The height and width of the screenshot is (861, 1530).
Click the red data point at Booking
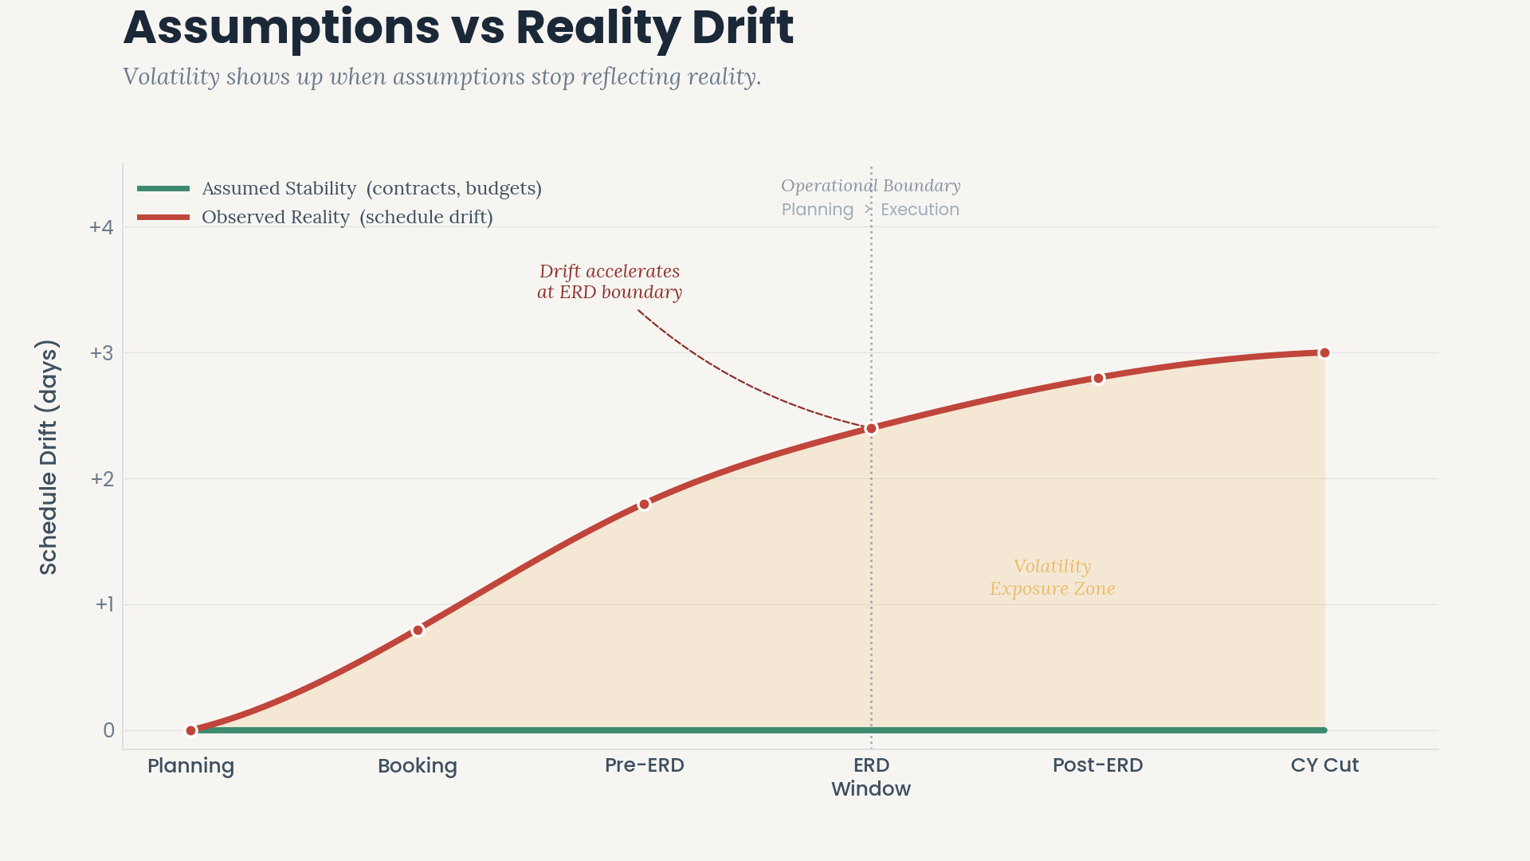tap(418, 631)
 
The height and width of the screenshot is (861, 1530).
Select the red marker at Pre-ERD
tap(644, 505)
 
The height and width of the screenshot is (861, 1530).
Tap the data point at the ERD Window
tap(871, 429)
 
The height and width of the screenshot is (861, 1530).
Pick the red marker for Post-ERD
tap(1098, 379)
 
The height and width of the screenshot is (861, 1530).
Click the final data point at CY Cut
tap(1324, 353)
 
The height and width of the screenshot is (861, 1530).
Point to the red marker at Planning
tap(191, 730)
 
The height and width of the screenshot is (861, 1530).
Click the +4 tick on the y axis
tap(101, 227)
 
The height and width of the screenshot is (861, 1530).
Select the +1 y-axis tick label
tap(104, 604)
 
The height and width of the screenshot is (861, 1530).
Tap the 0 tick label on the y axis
tap(108, 730)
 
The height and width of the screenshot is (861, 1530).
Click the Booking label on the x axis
tap(418, 766)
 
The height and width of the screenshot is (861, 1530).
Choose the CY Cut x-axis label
tap(1324, 765)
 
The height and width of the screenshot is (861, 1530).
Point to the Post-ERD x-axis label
tap(1097, 765)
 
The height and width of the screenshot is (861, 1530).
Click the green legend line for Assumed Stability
tap(163, 189)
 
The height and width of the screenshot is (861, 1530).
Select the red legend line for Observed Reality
tap(163, 217)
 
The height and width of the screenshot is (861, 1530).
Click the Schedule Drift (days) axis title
tap(49, 457)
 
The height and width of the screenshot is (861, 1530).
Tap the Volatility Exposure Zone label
tap(1052, 577)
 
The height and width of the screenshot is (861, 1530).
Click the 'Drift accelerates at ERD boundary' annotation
tap(610, 281)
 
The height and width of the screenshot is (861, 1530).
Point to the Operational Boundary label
tap(870, 186)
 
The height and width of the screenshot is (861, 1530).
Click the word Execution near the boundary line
tap(920, 210)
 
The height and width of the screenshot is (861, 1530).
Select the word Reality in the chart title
tap(598, 27)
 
